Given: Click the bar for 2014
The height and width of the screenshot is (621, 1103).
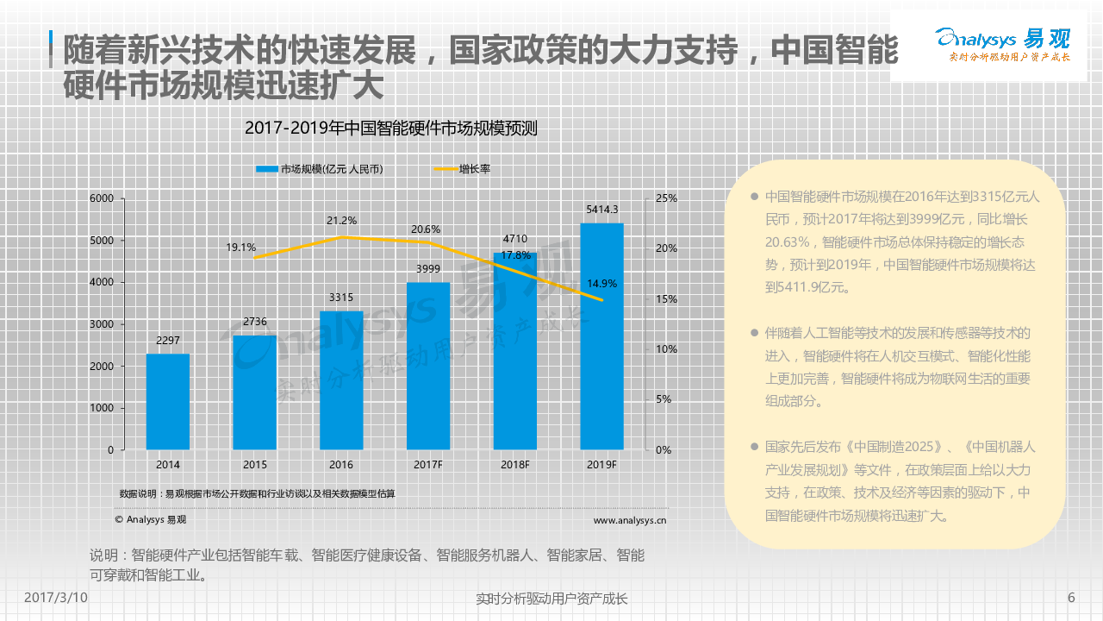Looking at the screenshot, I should click(x=167, y=401).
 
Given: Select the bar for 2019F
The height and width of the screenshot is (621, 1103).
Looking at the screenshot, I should click(x=601, y=336).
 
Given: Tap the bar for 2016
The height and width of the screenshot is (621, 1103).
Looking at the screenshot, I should click(x=341, y=379).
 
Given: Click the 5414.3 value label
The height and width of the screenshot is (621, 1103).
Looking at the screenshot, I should click(x=601, y=209).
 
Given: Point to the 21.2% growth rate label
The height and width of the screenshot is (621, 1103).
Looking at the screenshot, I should click(x=341, y=220).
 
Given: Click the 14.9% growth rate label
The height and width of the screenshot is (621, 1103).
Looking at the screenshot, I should click(x=601, y=283).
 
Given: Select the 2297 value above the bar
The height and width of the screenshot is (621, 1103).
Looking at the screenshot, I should click(x=167, y=340).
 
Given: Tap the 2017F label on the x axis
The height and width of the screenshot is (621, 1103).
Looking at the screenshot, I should click(x=428, y=465).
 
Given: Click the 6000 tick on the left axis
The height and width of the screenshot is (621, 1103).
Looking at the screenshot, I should click(x=102, y=198).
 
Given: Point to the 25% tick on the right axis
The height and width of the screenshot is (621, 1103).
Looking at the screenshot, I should click(x=666, y=198).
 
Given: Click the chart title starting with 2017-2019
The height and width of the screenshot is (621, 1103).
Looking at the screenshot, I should click(x=390, y=129).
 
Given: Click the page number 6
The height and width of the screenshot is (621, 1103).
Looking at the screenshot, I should click(x=1071, y=598).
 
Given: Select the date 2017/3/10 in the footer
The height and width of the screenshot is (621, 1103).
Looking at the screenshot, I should click(x=55, y=598).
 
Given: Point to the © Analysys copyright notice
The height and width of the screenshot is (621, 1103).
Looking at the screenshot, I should click(x=150, y=520).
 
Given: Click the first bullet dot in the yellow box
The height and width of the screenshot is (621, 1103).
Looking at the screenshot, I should click(x=754, y=197).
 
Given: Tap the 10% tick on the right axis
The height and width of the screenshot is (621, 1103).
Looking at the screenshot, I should click(x=666, y=349).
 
